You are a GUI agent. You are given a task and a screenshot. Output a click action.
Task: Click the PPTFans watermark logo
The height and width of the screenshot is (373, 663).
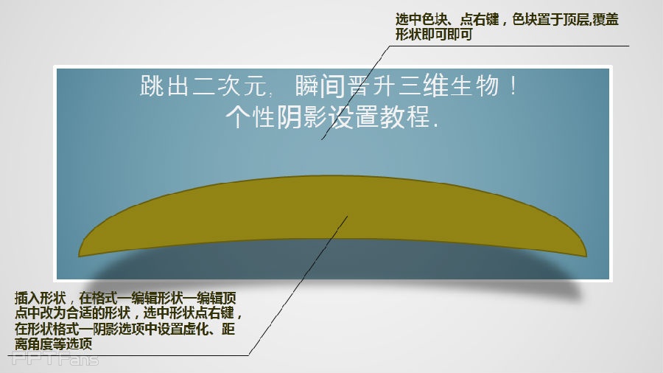click(x=55, y=359)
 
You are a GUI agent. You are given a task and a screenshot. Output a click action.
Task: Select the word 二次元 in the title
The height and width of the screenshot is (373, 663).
click(x=229, y=86)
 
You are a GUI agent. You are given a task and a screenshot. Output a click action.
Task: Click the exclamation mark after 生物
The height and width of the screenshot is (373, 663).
click(x=513, y=86)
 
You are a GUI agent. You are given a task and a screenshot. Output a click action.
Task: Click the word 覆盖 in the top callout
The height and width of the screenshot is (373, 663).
click(x=606, y=19)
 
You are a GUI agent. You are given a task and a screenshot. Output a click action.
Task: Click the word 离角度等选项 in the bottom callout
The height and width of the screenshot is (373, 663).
click(x=53, y=344)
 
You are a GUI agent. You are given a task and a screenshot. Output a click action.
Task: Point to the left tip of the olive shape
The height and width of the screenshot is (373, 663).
click(x=79, y=256)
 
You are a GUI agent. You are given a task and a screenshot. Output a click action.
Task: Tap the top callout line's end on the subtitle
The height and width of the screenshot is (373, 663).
click(x=321, y=139)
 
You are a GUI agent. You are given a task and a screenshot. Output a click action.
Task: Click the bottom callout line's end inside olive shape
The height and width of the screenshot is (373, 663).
click(x=348, y=216)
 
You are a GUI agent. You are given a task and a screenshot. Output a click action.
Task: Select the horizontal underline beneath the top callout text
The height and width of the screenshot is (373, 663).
click(x=508, y=46)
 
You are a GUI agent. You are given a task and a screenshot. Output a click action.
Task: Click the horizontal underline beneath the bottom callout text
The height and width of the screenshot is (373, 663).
click(x=128, y=355)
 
